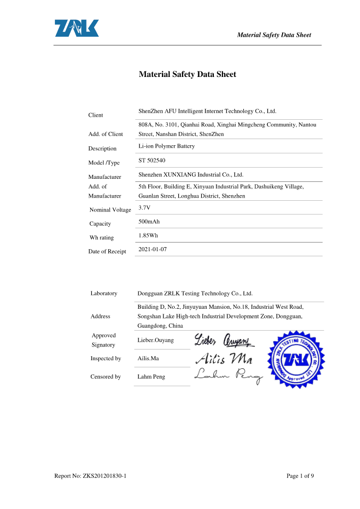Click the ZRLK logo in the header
pos(77,29)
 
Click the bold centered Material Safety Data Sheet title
pos(187,74)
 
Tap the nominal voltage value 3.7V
pos(145,208)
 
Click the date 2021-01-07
pos(153,249)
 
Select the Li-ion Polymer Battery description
pos(167,146)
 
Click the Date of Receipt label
pos(107,251)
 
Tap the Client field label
pos(96,115)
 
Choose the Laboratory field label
pos(104,293)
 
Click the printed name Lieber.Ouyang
pos(156,340)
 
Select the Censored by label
pos(105,377)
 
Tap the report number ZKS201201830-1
pos(90,476)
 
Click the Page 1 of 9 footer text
pos(300,476)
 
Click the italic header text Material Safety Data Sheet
pos(274,35)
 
